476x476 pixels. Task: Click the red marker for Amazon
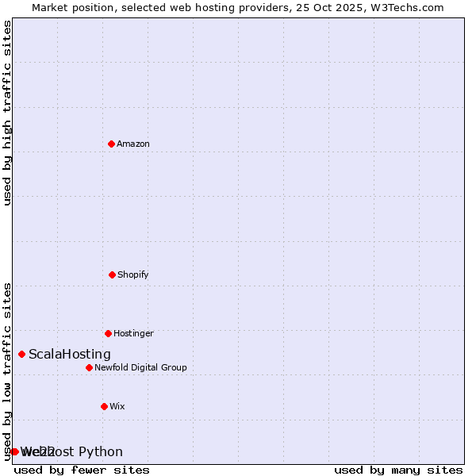[111, 144]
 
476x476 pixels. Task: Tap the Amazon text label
[133, 144]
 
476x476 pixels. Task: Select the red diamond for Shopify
[112, 274]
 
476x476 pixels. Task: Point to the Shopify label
[133, 274]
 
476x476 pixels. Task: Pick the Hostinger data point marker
[108, 333]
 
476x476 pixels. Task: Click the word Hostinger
[133, 333]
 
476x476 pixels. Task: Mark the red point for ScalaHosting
[21, 354]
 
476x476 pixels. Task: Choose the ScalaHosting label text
[70, 355]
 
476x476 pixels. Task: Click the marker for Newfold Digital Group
[89, 367]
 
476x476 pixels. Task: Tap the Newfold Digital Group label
[140, 367]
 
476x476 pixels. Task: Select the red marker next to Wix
[104, 406]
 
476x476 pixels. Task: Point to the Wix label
[117, 406]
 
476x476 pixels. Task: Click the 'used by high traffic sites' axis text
[8, 113]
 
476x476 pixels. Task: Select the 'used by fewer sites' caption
[82, 470]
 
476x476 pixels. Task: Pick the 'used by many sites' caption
[398, 470]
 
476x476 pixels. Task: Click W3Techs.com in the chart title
[409, 7]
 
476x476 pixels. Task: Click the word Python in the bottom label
[102, 452]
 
